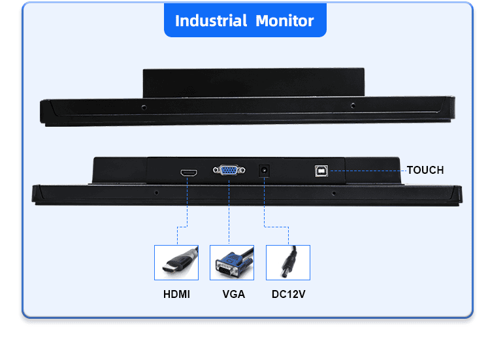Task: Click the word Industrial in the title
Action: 211,21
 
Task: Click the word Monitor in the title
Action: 285,21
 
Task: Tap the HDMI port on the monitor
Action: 189,172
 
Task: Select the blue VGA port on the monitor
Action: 229,171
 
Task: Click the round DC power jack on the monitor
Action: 265,171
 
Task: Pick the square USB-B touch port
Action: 321,171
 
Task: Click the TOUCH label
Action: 425,170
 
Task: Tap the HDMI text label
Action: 176,294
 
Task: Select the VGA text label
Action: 233,294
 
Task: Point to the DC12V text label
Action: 288,294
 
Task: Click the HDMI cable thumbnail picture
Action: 176,263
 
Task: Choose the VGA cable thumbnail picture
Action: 232,263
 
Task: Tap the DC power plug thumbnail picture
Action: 288,263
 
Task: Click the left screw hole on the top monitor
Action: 144,108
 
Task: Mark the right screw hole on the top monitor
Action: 353,106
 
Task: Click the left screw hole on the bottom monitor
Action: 156,193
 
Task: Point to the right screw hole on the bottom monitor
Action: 333,193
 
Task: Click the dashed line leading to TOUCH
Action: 368,171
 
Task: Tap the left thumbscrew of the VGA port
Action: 216,171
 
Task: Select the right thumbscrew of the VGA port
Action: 242,171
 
